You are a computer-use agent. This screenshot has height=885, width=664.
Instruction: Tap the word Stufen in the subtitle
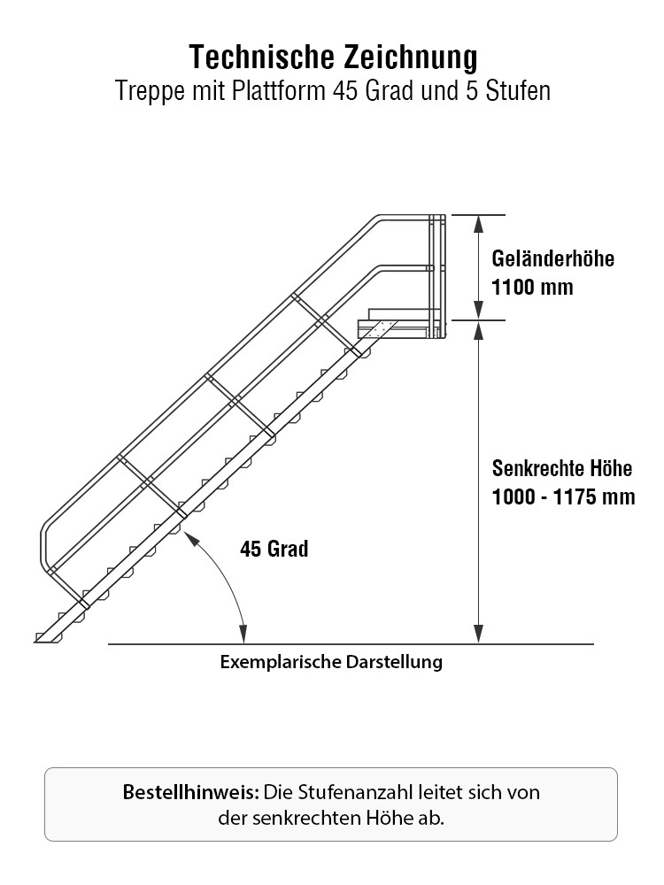pyautogui.click(x=518, y=90)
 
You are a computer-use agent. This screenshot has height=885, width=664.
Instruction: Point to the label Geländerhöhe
pyautogui.click(x=552, y=258)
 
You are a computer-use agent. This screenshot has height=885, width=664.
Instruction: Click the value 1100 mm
pyautogui.click(x=532, y=288)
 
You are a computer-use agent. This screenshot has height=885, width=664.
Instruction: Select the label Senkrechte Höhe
pyautogui.click(x=562, y=468)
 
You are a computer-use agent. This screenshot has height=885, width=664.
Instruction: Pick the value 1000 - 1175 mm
pyautogui.click(x=563, y=496)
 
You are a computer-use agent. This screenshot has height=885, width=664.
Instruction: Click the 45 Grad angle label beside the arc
pyautogui.click(x=274, y=549)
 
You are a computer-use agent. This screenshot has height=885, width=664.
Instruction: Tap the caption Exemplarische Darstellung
pyautogui.click(x=331, y=661)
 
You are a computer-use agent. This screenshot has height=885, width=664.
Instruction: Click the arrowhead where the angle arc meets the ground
pyautogui.click(x=244, y=635)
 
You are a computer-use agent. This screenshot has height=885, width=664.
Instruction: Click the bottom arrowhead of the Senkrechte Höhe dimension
pyautogui.click(x=478, y=635)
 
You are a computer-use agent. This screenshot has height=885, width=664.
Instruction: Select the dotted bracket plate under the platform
pyautogui.click(x=374, y=328)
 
